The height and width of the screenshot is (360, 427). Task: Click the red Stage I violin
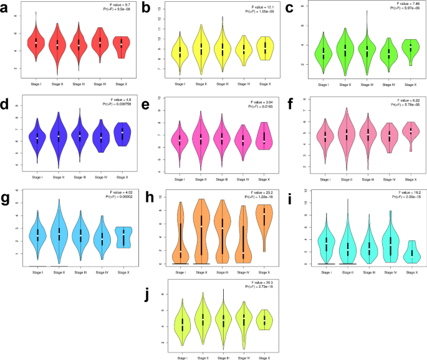36,44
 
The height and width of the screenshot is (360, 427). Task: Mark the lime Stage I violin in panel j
183,324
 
